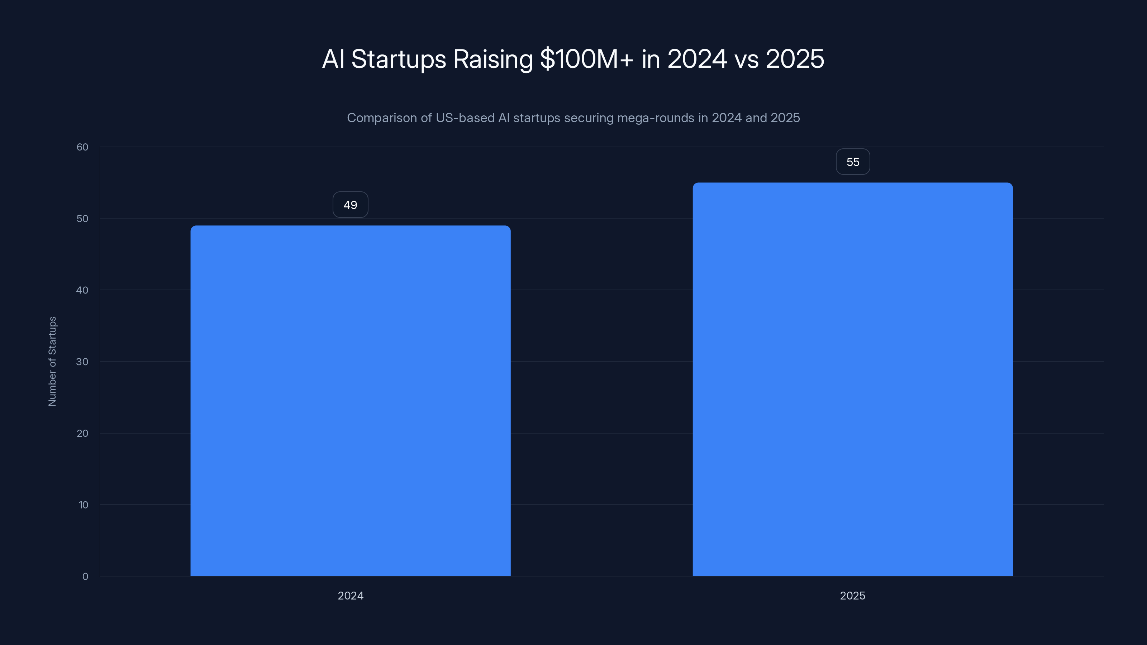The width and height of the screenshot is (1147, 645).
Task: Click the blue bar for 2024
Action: (351, 401)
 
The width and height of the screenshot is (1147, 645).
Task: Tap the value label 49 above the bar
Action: (351, 205)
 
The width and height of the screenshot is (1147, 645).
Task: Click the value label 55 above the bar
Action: (853, 162)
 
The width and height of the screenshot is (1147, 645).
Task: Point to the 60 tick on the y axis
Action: (82, 147)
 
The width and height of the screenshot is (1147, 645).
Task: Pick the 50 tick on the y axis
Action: (82, 219)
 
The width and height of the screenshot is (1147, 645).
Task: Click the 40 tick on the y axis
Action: (82, 290)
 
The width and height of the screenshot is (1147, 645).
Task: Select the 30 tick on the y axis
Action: (82, 362)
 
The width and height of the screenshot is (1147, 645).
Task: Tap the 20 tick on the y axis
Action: (82, 433)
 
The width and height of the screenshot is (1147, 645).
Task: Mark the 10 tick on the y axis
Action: (83, 505)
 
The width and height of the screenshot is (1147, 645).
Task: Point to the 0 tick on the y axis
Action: (85, 577)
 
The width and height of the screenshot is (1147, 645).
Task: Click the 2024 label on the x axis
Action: (351, 596)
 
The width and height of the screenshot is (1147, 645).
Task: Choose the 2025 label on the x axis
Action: (852, 596)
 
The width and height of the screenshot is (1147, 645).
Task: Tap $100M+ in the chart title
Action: (586, 59)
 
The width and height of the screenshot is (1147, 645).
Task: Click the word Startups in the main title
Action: (399, 59)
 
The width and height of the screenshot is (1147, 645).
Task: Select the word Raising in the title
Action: (492, 59)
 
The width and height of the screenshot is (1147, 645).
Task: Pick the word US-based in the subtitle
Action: (465, 118)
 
